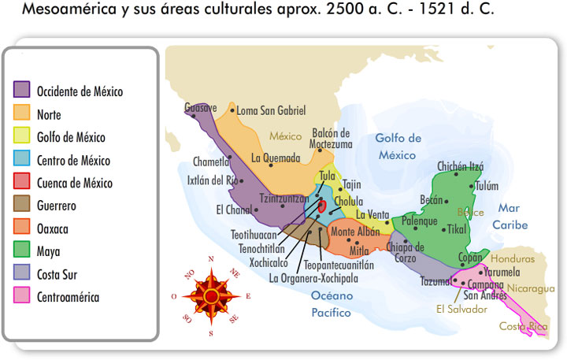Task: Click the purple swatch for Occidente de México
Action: click(x=22, y=91)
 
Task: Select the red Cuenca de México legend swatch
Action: click(x=22, y=183)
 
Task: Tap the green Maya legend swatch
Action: click(x=22, y=251)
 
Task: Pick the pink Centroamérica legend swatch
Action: click(x=22, y=297)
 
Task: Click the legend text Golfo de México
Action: click(x=71, y=137)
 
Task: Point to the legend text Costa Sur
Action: click(x=57, y=275)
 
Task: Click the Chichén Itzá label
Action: click(x=460, y=166)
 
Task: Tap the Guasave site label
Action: click(x=201, y=107)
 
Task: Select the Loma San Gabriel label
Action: click(x=271, y=111)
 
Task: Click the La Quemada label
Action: click(x=276, y=158)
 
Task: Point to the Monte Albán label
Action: click(x=354, y=232)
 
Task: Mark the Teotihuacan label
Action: click(x=254, y=235)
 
